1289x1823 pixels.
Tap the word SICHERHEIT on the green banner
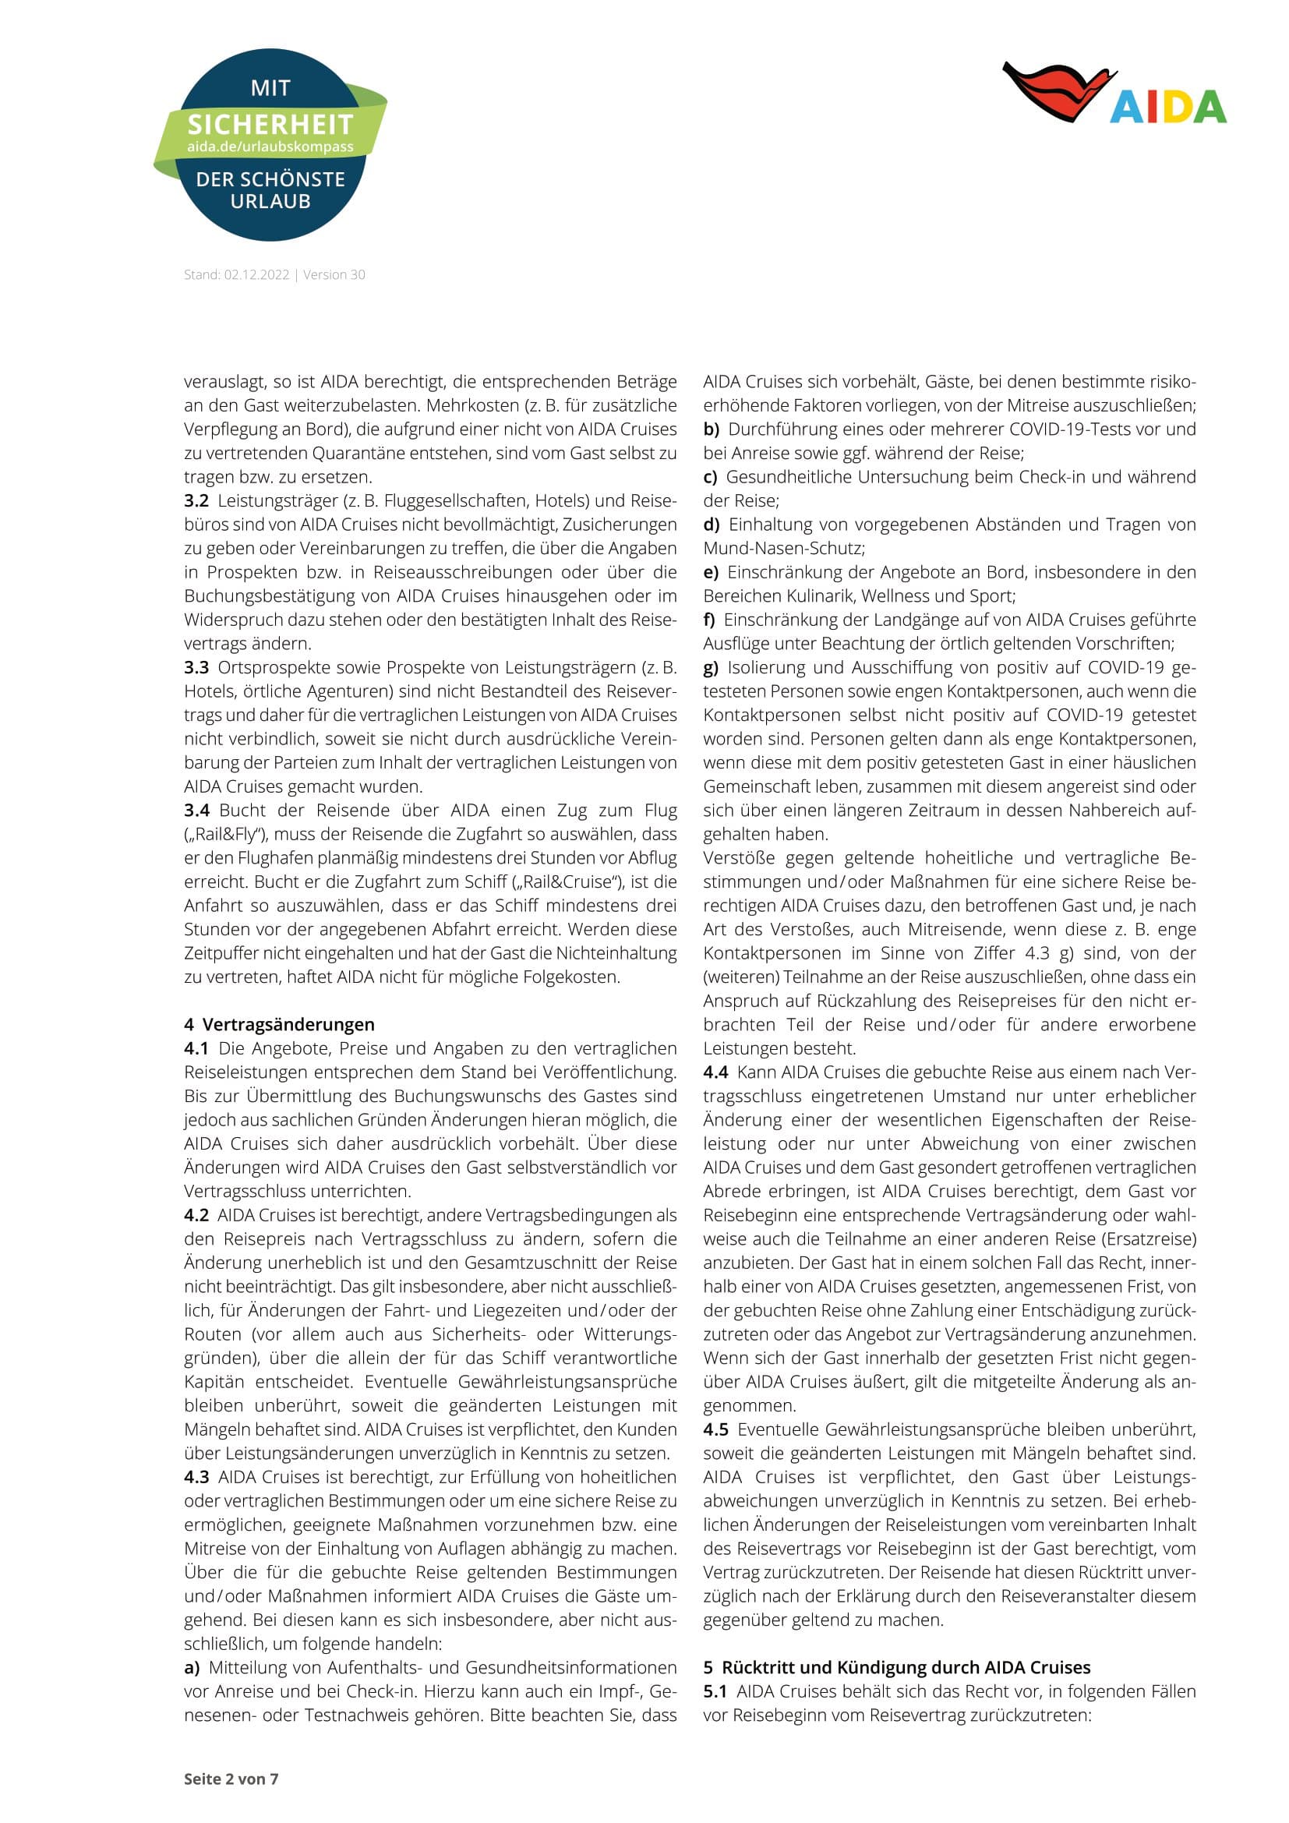pos(270,125)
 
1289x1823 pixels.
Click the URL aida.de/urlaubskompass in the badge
pos(270,147)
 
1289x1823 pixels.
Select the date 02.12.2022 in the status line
pos(256,274)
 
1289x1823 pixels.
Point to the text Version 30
pos(334,274)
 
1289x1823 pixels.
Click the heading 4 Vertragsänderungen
pos(280,1024)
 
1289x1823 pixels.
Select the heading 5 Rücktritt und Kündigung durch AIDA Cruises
pos(896,1667)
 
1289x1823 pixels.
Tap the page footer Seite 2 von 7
pos(231,1779)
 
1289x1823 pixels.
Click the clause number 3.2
pos(196,501)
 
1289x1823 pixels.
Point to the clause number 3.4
pos(197,811)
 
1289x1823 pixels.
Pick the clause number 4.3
pos(196,1477)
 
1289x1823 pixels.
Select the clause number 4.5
pos(715,1429)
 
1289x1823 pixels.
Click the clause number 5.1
pos(715,1691)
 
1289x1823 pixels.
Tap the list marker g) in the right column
pos(711,668)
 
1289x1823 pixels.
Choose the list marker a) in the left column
pos(191,1667)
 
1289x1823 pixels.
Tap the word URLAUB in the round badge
pos(270,201)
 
